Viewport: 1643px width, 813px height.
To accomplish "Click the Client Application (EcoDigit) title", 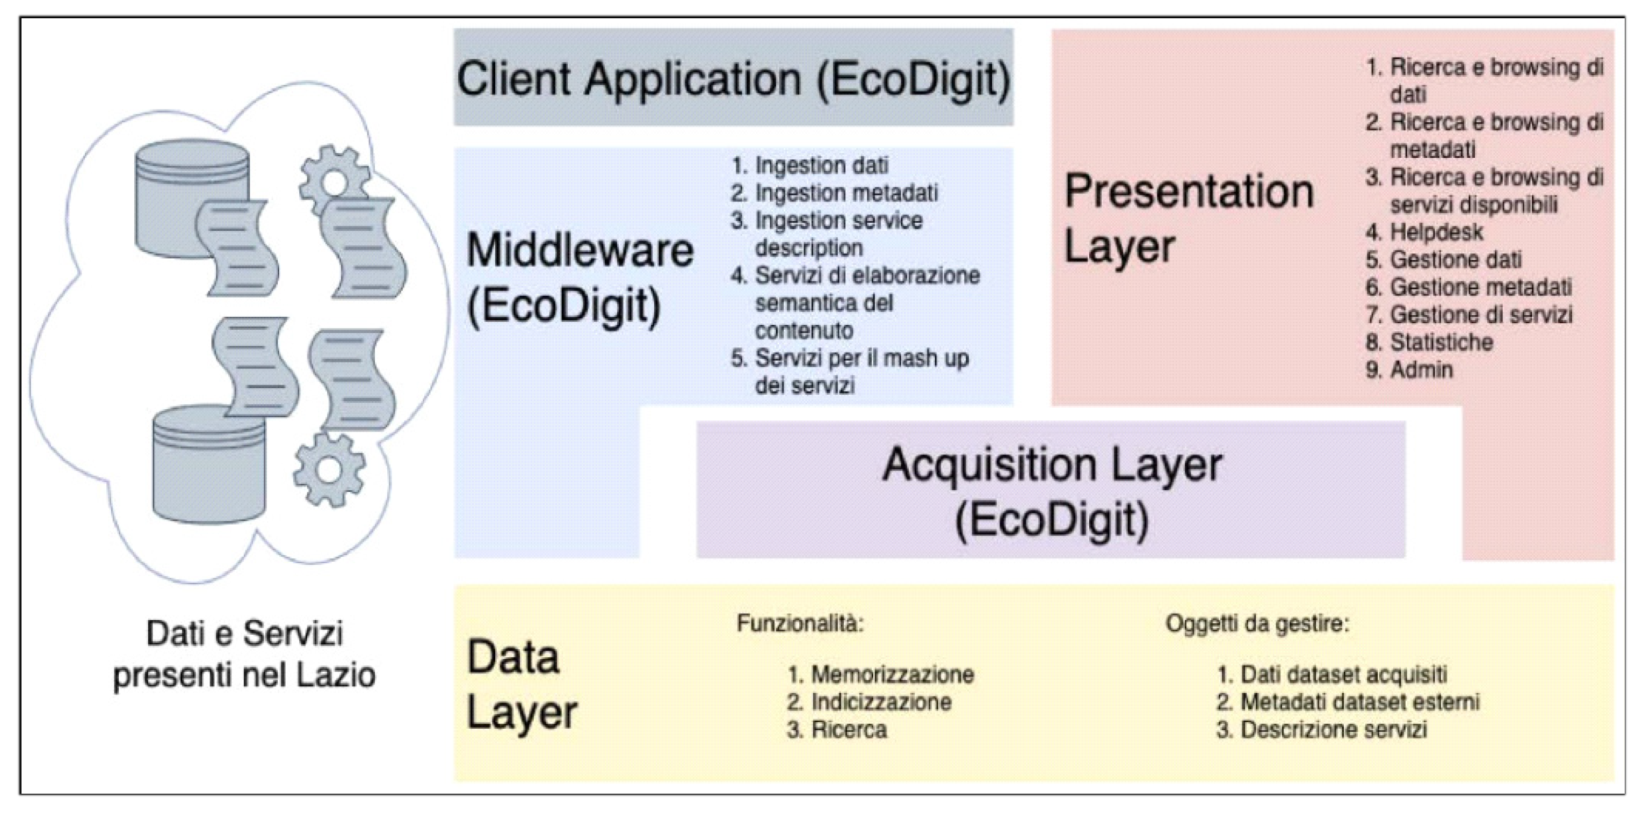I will coord(734,79).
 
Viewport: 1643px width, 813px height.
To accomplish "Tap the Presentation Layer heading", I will coord(1188,218).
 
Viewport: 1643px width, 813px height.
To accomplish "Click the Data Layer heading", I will coord(522,684).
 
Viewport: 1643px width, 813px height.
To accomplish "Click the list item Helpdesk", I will coord(1436,232).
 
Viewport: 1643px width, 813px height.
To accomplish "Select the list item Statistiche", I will coord(1441,343).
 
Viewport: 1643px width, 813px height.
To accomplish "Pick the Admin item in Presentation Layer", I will coord(1421,370).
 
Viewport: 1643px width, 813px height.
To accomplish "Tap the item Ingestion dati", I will coord(822,166).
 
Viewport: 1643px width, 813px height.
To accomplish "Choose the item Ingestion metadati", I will coord(846,193).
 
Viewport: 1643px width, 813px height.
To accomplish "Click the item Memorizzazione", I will coord(892,674).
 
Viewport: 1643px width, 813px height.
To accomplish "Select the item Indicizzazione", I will coord(881,702).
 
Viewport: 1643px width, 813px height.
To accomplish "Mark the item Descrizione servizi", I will coord(1333,729).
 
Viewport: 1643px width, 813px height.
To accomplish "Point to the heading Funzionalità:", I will coord(800,623).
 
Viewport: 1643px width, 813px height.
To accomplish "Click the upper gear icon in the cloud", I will coord(333,180).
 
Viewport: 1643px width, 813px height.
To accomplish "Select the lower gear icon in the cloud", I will coord(329,470).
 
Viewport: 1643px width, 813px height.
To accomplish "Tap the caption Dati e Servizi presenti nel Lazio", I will coord(244,654).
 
